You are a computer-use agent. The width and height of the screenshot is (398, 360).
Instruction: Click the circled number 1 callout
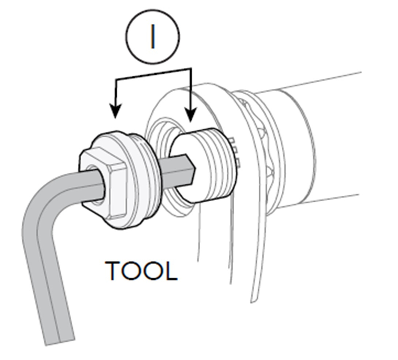point(152,37)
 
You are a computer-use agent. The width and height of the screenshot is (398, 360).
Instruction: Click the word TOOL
point(141,271)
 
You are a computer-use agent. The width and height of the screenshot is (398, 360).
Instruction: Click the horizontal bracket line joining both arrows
point(153,74)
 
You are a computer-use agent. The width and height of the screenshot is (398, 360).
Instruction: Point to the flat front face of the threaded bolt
point(182,166)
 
